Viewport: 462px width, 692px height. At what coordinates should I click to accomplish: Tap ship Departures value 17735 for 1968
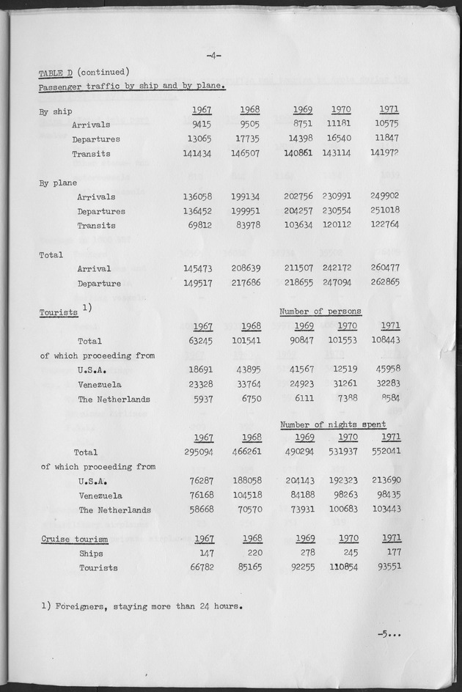[246, 139]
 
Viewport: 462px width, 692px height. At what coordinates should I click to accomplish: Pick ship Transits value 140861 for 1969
[298, 154]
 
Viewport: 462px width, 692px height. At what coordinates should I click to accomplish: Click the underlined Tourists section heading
[59, 313]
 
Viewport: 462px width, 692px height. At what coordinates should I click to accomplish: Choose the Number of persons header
[320, 311]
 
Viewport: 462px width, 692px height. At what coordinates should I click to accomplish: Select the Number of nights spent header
[332, 424]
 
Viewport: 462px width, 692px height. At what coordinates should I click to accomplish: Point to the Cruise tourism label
[73, 540]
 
